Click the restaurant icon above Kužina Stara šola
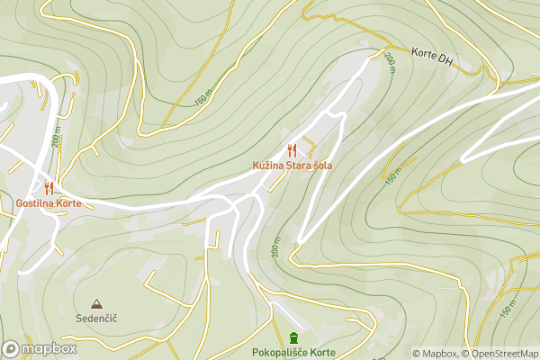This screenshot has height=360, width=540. (x=292, y=150)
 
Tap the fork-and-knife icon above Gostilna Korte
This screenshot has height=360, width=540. (x=49, y=187)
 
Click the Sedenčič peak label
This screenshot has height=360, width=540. (x=96, y=319)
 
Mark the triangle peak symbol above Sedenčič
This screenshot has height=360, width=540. (x=96, y=304)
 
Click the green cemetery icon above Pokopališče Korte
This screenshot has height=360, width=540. (x=293, y=337)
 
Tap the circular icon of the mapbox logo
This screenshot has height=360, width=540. (x=12, y=348)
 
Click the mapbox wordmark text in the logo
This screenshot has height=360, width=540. (x=49, y=348)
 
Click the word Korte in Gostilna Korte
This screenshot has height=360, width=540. (x=67, y=203)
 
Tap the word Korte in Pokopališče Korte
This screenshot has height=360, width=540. (x=322, y=352)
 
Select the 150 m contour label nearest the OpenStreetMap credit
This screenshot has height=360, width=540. (x=508, y=309)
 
